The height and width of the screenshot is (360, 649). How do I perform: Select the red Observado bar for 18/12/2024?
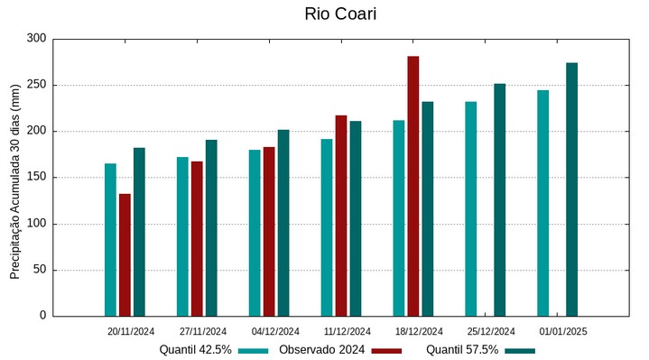413,186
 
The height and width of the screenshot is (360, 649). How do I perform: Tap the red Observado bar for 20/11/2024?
125,254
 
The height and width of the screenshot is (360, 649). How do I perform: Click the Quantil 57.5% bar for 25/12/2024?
499,199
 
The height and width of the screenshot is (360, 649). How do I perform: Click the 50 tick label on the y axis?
39,270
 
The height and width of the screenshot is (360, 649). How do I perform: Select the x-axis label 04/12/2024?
276,332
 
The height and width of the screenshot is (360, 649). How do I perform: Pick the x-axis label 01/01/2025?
563,332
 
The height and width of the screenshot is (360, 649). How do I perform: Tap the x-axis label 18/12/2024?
420,332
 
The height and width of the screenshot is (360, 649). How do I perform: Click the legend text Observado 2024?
321,349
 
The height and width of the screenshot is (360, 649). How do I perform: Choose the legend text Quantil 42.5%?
195,349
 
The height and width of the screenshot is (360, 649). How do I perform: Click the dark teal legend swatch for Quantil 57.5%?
520,350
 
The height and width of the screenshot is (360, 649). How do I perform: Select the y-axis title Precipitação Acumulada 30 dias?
14,177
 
